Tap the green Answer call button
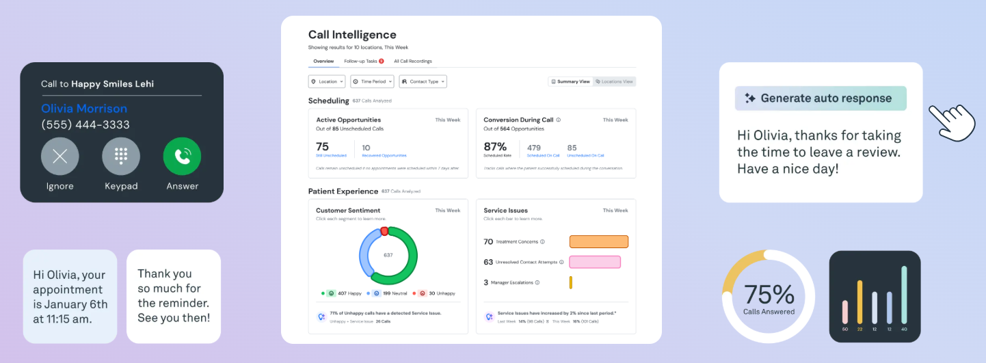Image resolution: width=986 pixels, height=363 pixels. [x=182, y=156]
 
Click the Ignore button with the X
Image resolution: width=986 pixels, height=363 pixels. [x=60, y=156]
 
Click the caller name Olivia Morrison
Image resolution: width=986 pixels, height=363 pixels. [x=84, y=109]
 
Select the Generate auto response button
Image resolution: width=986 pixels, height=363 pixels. [x=821, y=98]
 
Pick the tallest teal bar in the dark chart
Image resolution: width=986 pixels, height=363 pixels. [x=904, y=295]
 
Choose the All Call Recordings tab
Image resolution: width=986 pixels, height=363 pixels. [x=412, y=62]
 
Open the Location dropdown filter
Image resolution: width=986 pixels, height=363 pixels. [x=327, y=81]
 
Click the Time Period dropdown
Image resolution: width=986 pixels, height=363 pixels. [x=372, y=81]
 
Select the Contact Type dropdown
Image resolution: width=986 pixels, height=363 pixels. [x=423, y=81]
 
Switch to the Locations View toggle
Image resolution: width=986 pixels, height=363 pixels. [x=614, y=81]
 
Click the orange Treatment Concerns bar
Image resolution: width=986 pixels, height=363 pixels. [x=598, y=241]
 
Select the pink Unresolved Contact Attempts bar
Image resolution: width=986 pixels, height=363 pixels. [x=595, y=262]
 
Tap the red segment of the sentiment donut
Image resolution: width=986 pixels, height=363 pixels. [x=384, y=231]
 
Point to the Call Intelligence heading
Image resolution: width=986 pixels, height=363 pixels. [x=352, y=35]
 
